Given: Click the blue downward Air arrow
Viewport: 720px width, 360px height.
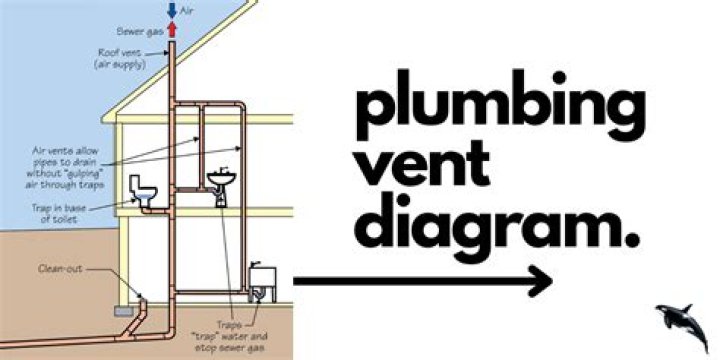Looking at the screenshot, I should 173,10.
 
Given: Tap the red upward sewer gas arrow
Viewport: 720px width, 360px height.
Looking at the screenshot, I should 173,29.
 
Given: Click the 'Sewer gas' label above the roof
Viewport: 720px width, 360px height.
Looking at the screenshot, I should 146,32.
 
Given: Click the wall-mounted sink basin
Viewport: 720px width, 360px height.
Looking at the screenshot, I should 222,180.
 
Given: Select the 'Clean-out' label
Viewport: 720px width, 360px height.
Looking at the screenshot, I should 58,269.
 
